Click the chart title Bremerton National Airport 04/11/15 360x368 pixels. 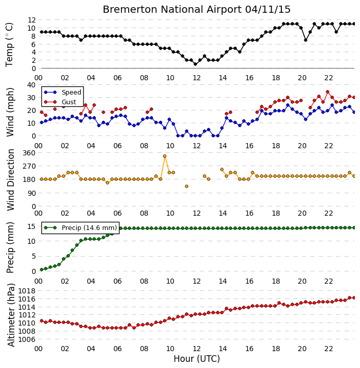[197, 10]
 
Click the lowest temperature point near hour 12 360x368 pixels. [196, 64]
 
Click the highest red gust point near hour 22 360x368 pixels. [328, 92]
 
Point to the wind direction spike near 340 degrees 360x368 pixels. [164, 156]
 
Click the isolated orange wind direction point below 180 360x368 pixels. [186, 187]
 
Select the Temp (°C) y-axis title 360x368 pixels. [9, 44]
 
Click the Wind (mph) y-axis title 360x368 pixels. [10, 112]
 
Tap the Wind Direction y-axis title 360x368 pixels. [11, 180]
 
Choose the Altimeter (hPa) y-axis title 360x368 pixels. [11, 315]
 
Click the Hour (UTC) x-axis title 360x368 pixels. [197, 359]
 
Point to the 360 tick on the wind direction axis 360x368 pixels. [29, 153]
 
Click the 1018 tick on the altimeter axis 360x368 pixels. [27, 291]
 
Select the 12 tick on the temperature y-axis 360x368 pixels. [32, 20]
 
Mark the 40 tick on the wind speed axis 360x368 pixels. [32, 85]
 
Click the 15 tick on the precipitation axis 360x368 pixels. [32, 227]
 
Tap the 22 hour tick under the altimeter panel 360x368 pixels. [328, 349]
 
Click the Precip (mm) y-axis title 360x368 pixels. [10, 248]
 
